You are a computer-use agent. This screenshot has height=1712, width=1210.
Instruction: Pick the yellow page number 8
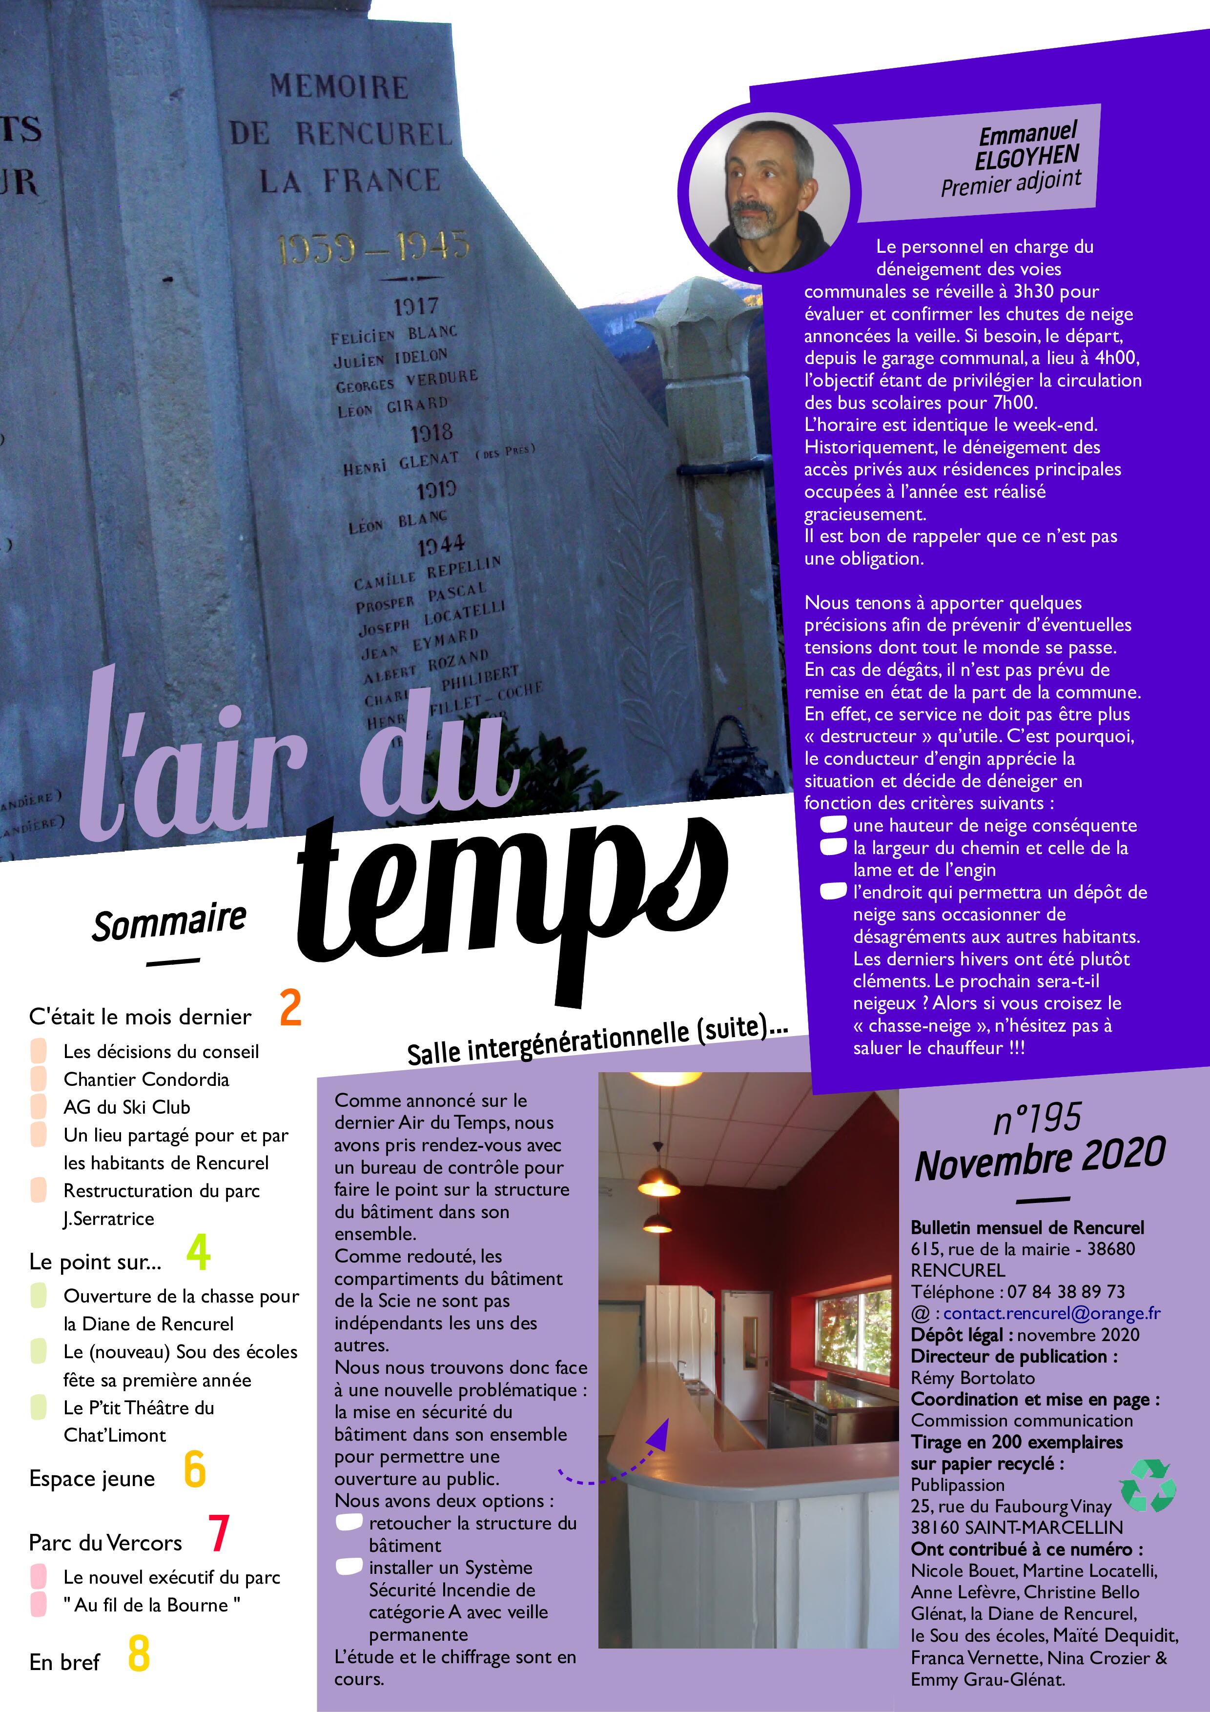click(x=139, y=1653)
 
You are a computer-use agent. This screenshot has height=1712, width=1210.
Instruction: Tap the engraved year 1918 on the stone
click(x=431, y=432)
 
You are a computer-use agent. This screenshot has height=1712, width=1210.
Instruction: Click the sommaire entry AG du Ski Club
click(x=127, y=1107)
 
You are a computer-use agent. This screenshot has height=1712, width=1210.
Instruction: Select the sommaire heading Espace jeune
click(x=92, y=1479)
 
